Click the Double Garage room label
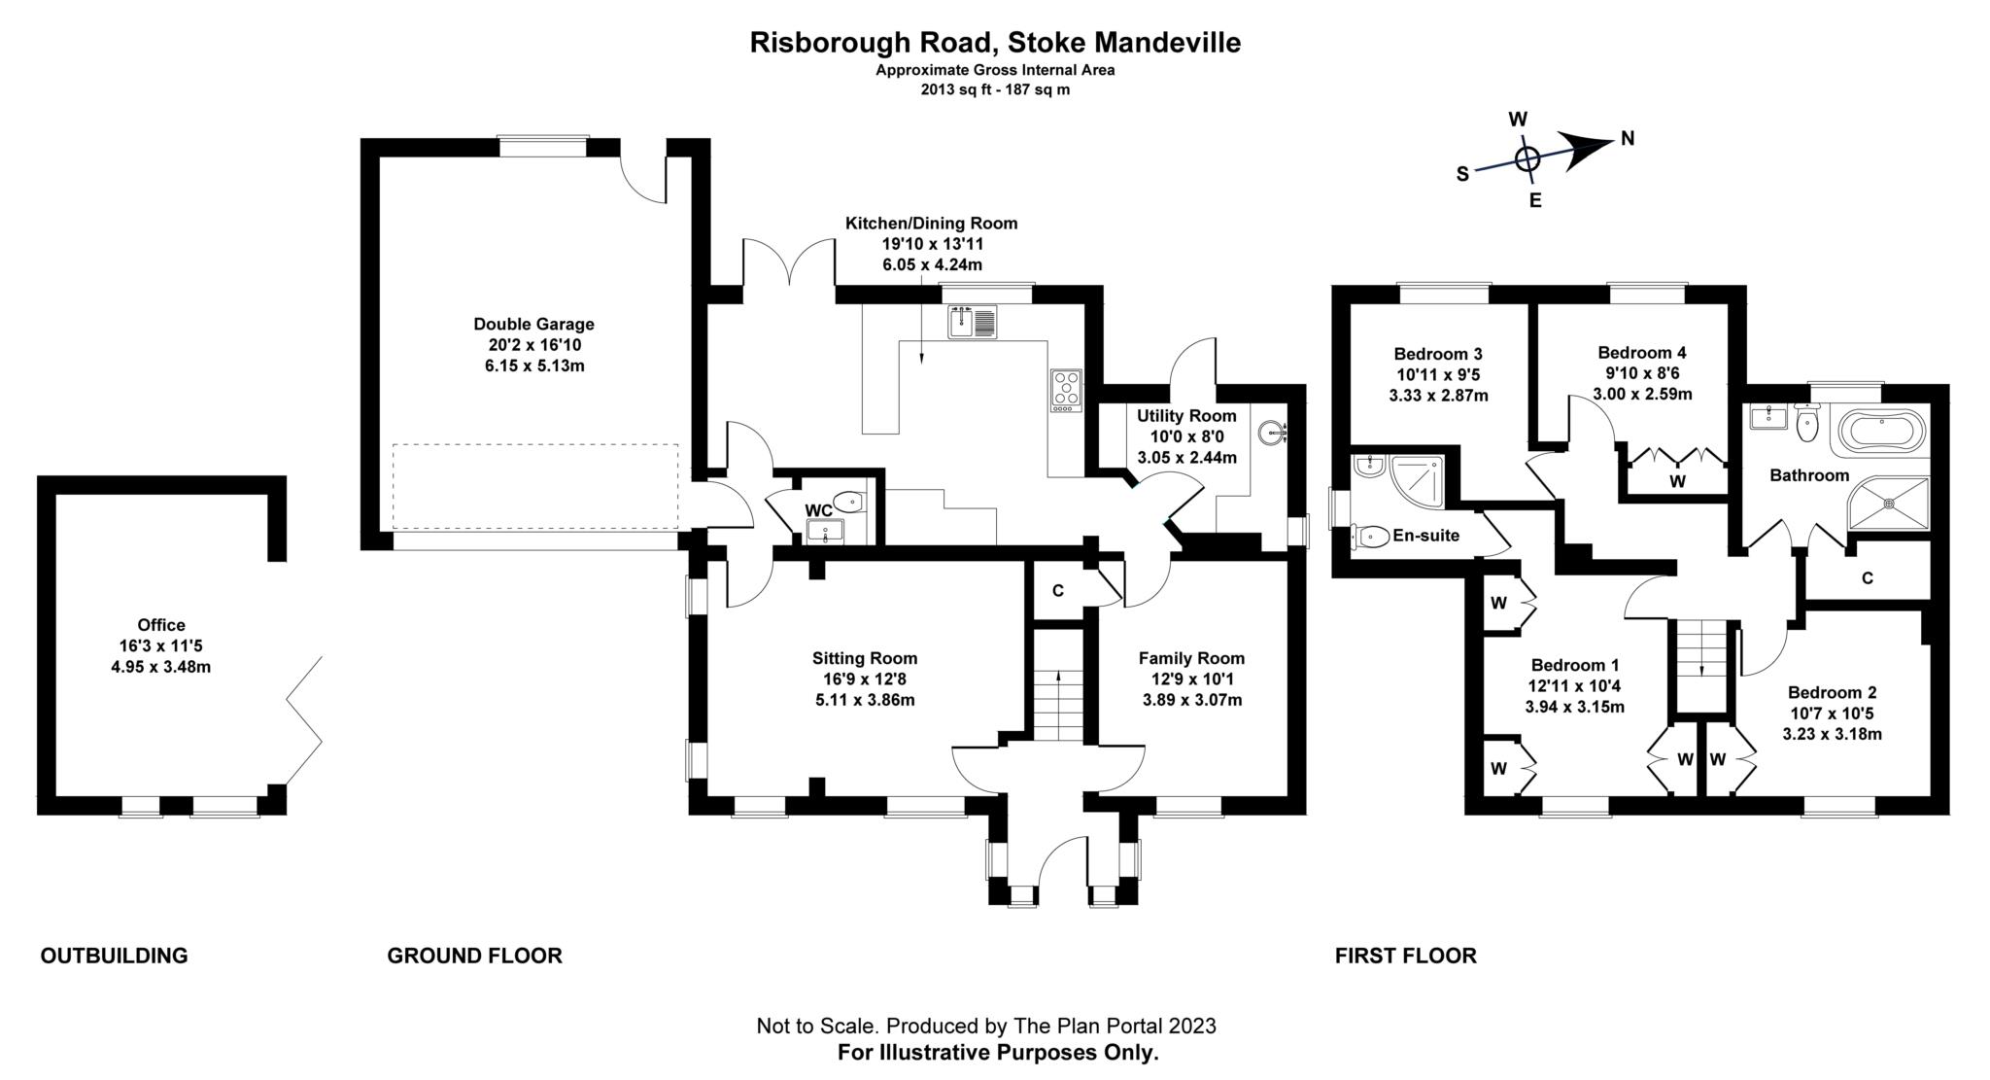[x=533, y=324]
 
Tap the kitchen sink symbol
[x=973, y=321]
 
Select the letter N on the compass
[x=1628, y=139]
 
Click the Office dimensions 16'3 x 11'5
[x=161, y=645]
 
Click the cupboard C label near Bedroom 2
[x=1867, y=578]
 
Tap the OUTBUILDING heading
[x=114, y=956]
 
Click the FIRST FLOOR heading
[x=1405, y=956]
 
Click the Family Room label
[x=1191, y=658]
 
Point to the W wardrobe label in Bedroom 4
[x=1677, y=480]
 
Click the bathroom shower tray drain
[x=1889, y=504]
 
